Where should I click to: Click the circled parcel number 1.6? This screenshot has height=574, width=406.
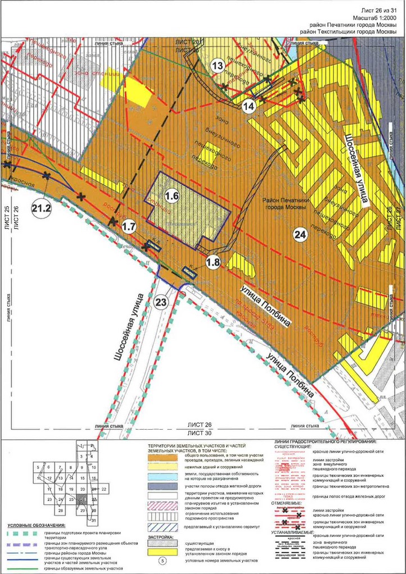click(x=172, y=196)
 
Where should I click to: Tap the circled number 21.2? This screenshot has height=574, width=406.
click(x=42, y=208)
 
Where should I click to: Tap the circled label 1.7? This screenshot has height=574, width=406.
click(x=129, y=227)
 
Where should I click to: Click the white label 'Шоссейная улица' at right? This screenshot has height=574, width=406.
click(x=357, y=168)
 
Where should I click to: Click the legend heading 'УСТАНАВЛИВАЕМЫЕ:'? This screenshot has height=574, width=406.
click(x=296, y=531)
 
